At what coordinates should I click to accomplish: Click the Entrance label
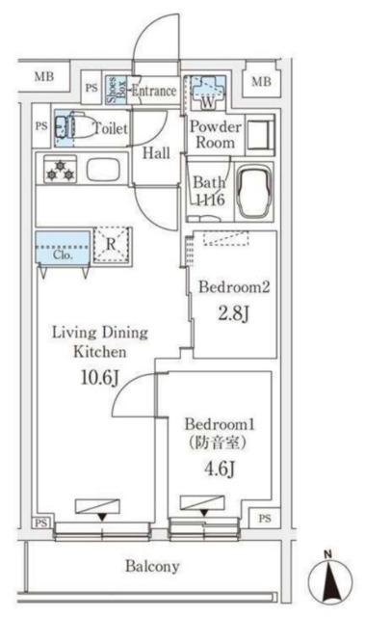click(154, 92)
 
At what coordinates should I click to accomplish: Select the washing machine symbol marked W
click(204, 93)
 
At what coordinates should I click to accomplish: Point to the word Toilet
click(109, 127)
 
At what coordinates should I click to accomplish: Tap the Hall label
click(156, 152)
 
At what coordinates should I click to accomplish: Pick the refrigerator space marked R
click(113, 245)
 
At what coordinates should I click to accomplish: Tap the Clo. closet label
click(64, 255)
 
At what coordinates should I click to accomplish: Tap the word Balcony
click(152, 567)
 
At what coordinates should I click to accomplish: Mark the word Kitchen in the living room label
click(99, 353)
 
